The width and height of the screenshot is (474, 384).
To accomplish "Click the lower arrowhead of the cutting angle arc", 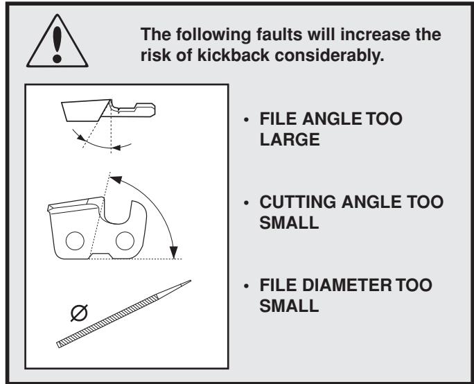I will pyautogui.click(x=174, y=252).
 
